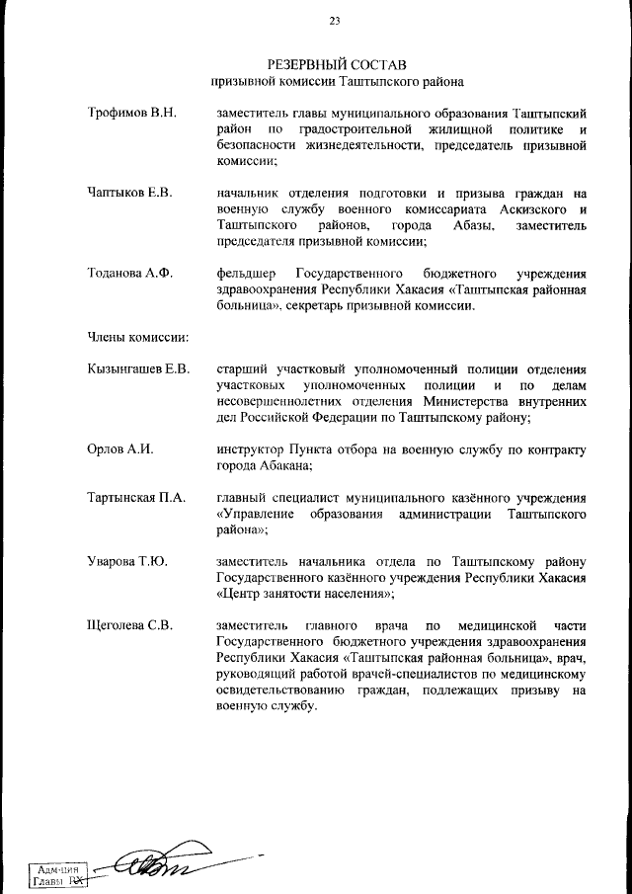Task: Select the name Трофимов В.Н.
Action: click(131, 114)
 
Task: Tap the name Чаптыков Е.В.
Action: click(129, 193)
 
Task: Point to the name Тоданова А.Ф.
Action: click(129, 273)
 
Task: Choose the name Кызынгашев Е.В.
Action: click(137, 368)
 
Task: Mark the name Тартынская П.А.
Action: click(136, 497)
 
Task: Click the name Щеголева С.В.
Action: click(130, 625)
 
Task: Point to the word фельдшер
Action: click(248, 273)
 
